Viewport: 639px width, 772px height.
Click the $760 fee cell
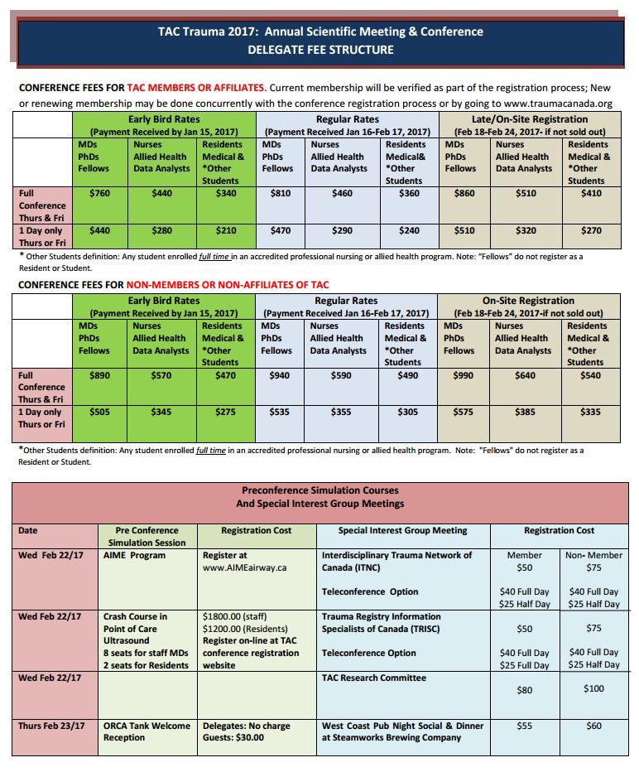[x=100, y=193]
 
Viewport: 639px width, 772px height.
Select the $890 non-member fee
[x=100, y=375]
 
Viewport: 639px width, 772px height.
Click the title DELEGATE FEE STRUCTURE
[x=320, y=50]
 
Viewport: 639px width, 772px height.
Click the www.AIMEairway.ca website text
[x=245, y=567]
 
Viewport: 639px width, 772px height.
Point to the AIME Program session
[x=134, y=555]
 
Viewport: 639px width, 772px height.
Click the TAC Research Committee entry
[x=373, y=678]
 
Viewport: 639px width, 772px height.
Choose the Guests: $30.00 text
[x=233, y=737]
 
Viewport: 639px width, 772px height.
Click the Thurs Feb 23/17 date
[x=51, y=726]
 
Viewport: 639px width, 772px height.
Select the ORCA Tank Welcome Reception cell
[x=147, y=731]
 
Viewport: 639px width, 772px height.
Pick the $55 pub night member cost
[x=524, y=726]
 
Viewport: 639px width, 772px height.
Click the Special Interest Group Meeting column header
[x=403, y=530]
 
